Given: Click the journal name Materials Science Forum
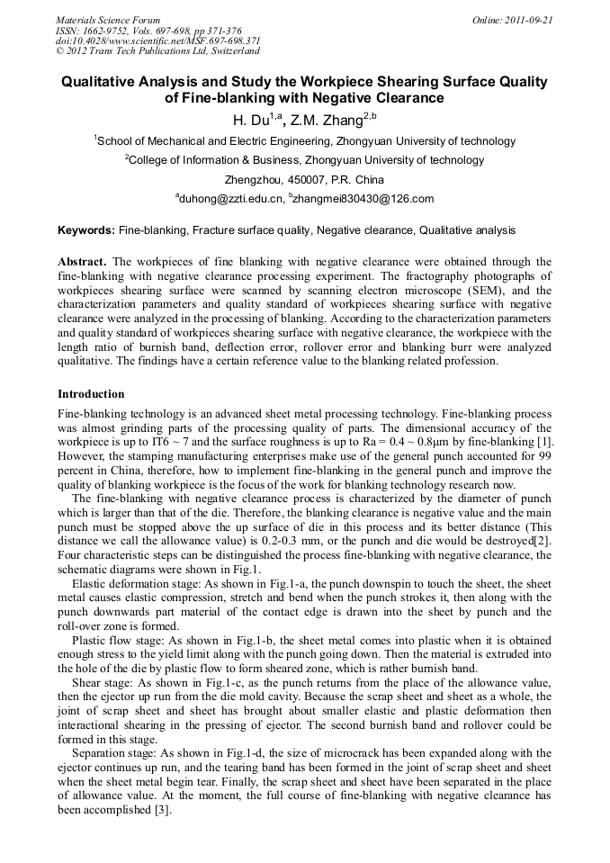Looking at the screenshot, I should [108, 20].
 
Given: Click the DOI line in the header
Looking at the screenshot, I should [158, 40].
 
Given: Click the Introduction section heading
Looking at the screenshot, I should [91, 394].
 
